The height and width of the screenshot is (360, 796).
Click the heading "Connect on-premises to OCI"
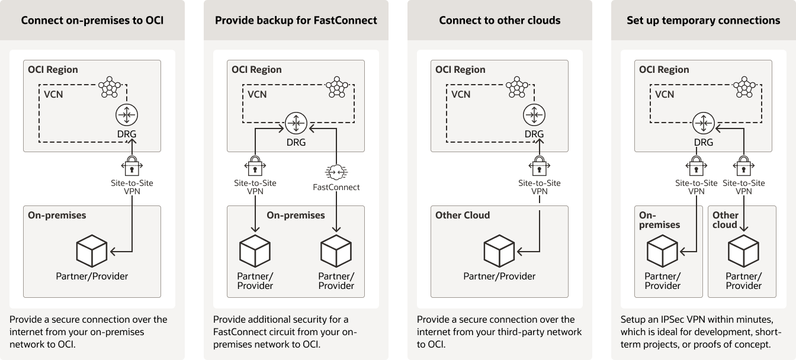(92, 20)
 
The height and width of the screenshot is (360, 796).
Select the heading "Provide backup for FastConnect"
(296, 20)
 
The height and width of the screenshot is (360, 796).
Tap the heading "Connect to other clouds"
(500, 20)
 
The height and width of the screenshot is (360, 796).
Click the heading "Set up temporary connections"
(704, 20)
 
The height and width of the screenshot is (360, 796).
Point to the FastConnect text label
(336, 187)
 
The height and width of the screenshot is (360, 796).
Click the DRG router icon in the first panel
(126, 114)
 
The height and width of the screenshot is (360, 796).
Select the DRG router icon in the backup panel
(296, 123)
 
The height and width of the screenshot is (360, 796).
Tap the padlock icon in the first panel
(130, 163)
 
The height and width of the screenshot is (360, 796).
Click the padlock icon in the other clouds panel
(538, 163)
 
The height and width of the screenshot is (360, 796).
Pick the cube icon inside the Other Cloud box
(499, 251)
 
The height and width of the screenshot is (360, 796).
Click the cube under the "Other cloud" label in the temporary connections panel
(743, 251)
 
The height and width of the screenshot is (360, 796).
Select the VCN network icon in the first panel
(110, 88)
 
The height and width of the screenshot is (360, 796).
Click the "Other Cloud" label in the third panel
(463, 216)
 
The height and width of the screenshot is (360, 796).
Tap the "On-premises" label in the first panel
(57, 216)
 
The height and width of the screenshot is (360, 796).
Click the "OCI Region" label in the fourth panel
(664, 70)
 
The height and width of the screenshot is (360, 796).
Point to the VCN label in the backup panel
(257, 94)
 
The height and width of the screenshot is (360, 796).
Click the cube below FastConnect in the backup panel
(336, 251)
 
